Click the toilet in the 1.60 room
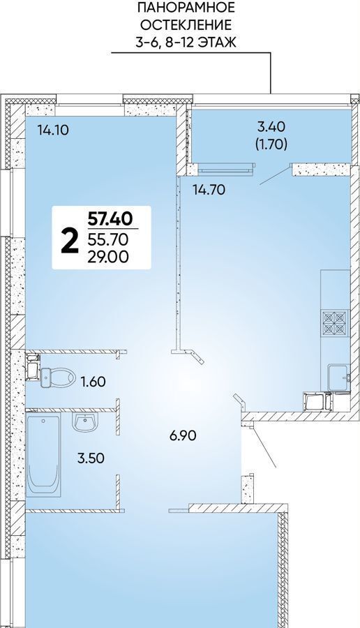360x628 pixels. [58, 377]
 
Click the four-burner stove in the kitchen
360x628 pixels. [335, 323]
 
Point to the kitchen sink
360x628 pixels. [339, 377]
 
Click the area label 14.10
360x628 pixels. [52, 130]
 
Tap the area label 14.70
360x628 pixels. [209, 190]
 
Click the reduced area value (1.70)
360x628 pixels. [271, 144]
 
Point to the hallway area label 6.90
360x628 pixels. [183, 435]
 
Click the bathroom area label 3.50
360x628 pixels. [91, 458]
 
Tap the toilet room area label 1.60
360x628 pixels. [93, 382]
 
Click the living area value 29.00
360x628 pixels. [108, 257]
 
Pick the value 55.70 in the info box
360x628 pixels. [107, 239]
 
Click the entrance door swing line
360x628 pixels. [263, 447]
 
